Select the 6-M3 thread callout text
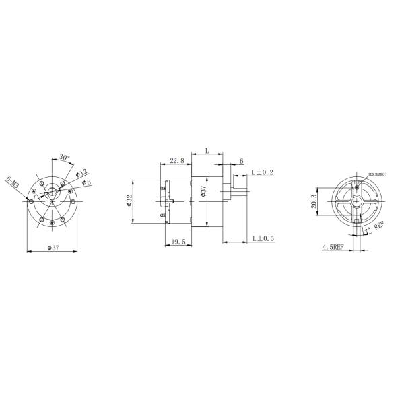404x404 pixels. (13, 183)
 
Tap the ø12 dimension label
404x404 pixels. (81, 172)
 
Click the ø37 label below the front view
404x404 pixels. (54, 248)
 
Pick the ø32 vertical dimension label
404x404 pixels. (129, 202)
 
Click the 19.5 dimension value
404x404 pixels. (178, 241)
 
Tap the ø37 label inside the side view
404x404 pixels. (203, 195)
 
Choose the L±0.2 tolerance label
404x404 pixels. (262, 173)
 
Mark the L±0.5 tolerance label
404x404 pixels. (263, 238)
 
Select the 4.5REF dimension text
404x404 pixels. (333, 248)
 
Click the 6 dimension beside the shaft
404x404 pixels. (241, 161)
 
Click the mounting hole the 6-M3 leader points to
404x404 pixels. (32, 199)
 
